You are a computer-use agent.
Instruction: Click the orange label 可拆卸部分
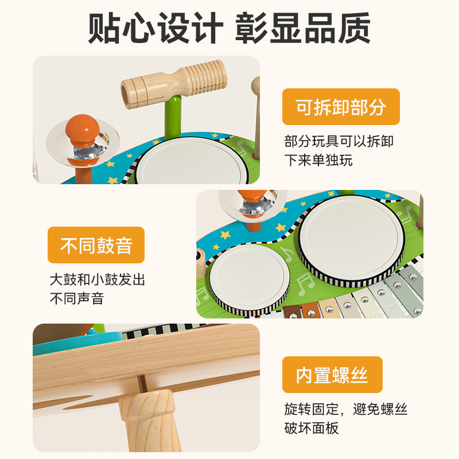341,107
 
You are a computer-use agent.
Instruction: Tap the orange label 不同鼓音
96,246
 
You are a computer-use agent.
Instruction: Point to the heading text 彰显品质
303,27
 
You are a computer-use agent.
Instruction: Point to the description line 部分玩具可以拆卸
339,141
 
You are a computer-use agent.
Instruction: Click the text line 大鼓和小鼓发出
97,280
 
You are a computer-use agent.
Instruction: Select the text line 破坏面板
312,428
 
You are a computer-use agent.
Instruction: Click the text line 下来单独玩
318,160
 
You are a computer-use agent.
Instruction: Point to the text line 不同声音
76,298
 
